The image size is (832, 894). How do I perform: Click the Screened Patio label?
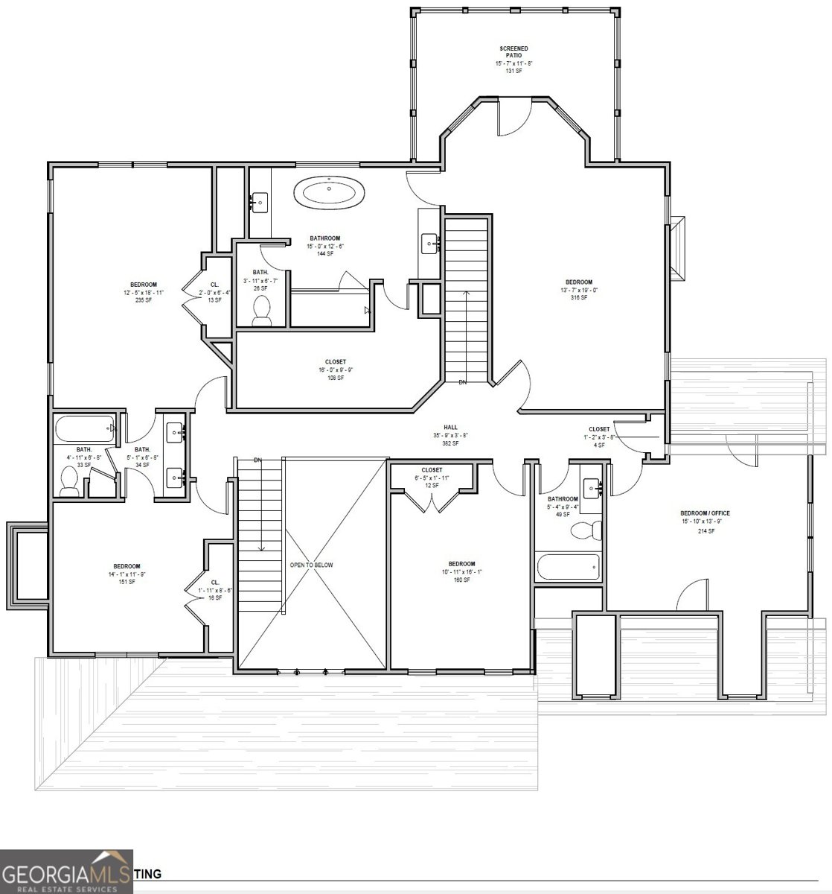pyautogui.click(x=514, y=60)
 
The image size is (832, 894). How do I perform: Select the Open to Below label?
pyautogui.click(x=312, y=565)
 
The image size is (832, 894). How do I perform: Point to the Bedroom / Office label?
pyautogui.click(x=705, y=521)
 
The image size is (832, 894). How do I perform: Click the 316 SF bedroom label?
pyautogui.click(x=578, y=289)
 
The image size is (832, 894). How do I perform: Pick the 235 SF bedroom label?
pyautogui.click(x=144, y=292)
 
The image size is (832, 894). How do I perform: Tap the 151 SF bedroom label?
pyautogui.click(x=127, y=574)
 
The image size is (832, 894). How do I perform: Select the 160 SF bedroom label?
pyautogui.click(x=461, y=571)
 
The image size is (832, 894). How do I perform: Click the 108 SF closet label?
pyautogui.click(x=335, y=370)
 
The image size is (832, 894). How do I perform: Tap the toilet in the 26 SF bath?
pyautogui.click(x=261, y=311)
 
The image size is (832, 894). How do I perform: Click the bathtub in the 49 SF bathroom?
pyautogui.click(x=567, y=568)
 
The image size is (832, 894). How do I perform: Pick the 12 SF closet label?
pyautogui.click(x=432, y=478)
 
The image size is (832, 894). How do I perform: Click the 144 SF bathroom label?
pyautogui.click(x=325, y=246)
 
